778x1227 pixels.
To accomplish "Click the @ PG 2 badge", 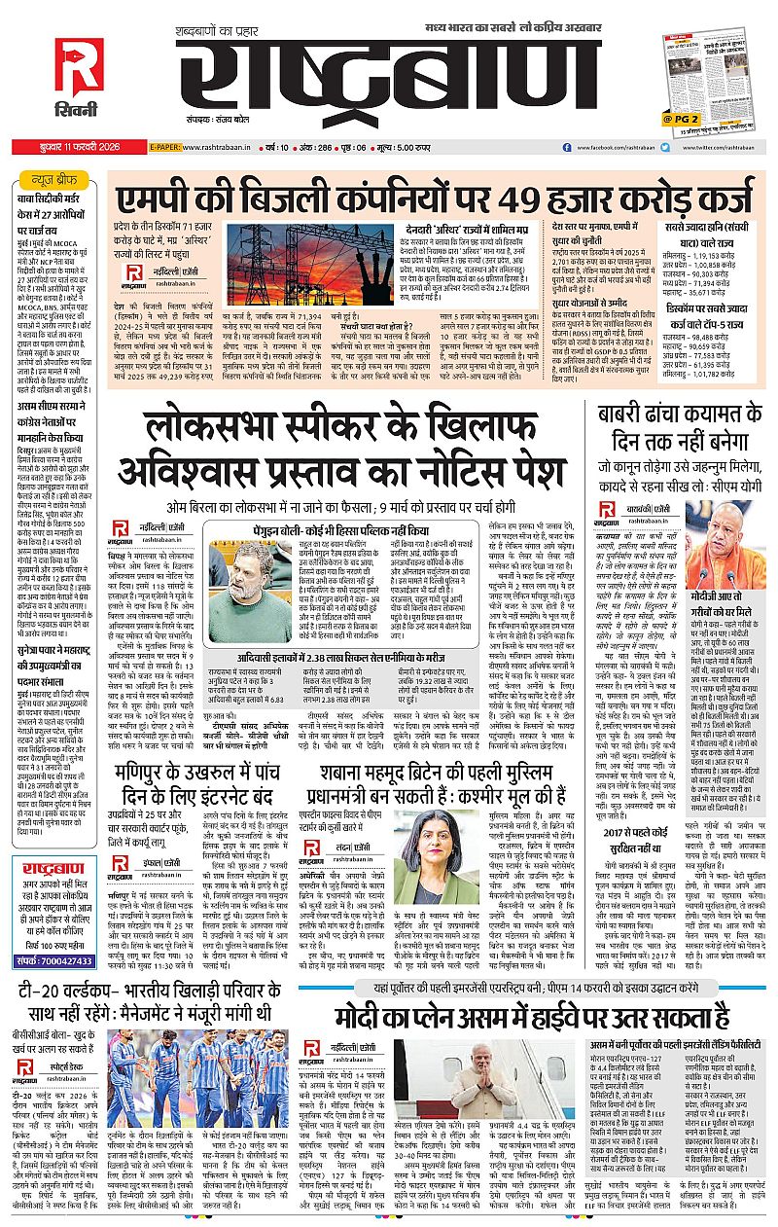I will pyautogui.click(x=681, y=119).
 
